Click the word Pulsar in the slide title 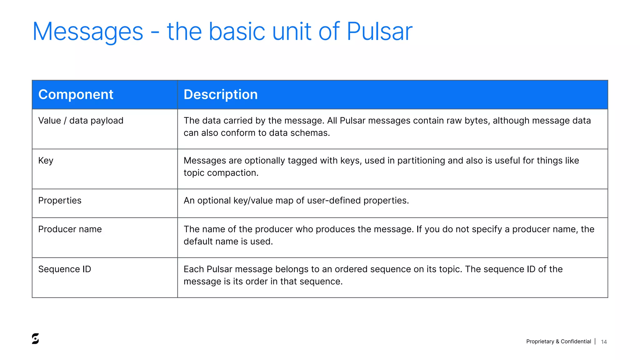379,32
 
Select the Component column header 76,94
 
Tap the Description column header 221,94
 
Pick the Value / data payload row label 81,121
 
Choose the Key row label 46,161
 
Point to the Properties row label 60,200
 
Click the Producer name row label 70,229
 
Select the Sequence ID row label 65,269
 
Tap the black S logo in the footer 35,339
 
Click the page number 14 604,342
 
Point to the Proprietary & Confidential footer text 558,342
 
